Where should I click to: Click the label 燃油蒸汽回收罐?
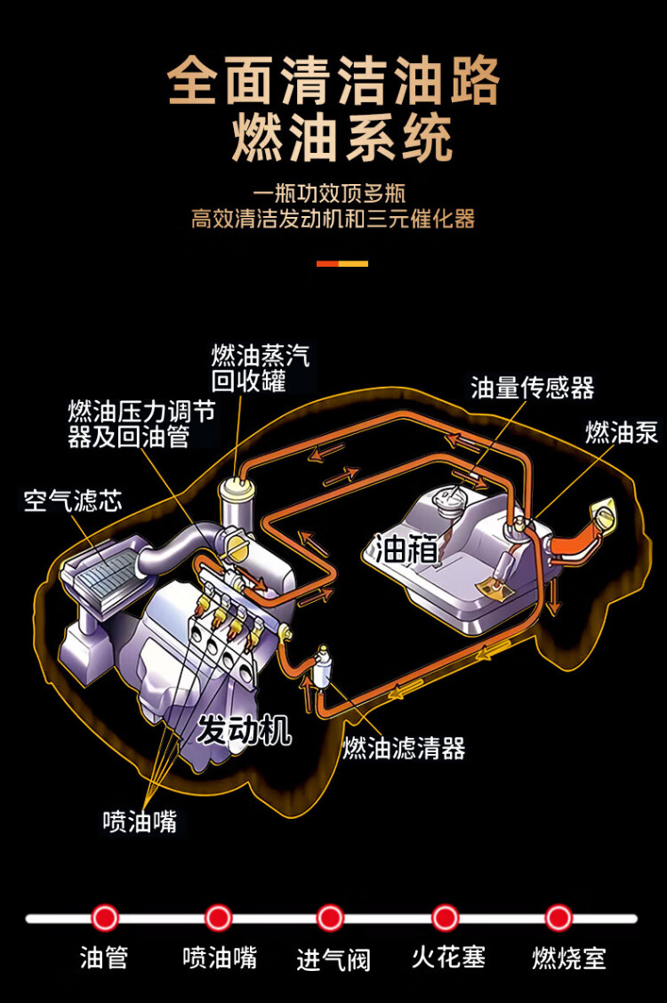(261, 368)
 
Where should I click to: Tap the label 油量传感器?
(533, 388)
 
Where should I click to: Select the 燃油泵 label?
(622, 433)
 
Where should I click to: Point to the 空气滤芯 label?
(73, 501)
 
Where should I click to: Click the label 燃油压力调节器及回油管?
(142, 424)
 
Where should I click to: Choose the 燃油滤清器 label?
(404, 748)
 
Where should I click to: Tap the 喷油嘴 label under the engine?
(140, 822)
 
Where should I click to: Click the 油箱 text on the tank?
(406, 549)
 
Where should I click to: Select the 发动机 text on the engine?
(244, 730)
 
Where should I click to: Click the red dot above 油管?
(105, 918)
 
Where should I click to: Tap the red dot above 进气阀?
(330, 918)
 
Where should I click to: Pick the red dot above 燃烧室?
(559, 918)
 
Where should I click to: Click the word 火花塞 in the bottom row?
(448, 958)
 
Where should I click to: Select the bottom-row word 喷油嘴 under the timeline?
(220, 958)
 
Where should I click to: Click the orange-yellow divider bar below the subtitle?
(342, 263)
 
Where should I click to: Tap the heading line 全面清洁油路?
(333, 80)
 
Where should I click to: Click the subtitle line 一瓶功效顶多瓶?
(329, 193)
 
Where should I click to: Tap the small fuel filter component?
(322, 669)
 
